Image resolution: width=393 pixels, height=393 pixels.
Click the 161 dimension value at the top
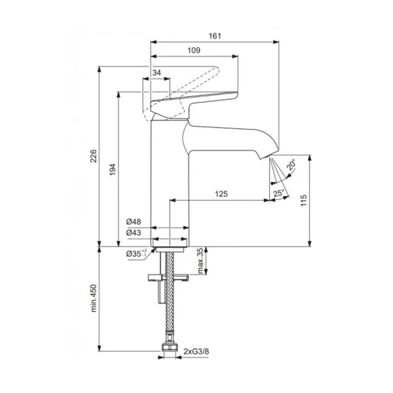[215, 36]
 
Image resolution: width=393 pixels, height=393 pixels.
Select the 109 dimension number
[194, 50]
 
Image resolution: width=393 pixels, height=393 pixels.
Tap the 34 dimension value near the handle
[156, 73]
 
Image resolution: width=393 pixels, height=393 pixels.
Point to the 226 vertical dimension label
[93, 156]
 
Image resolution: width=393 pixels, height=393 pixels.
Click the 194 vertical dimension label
[113, 169]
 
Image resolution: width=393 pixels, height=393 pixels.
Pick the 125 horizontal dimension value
[222, 194]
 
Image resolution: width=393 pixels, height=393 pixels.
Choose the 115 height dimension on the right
[304, 200]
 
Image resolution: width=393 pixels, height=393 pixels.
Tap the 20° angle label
[291, 165]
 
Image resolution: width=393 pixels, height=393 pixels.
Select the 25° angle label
[279, 193]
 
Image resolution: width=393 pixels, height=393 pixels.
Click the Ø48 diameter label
[134, 222]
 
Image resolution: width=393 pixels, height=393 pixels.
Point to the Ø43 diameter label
[134, 233]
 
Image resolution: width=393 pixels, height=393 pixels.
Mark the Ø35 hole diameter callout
[136, 254]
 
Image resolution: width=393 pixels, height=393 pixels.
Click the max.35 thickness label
[201, 261]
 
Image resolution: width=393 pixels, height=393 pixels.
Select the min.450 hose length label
[93, 298]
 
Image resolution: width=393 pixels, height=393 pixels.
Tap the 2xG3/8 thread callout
[196, 351]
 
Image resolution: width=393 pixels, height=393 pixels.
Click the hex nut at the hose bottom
[169, 347]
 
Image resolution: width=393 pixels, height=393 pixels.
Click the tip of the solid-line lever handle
[237, 96]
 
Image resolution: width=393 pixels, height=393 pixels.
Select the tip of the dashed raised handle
[218, 70]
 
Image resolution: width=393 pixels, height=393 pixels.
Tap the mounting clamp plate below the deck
[168, 278]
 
